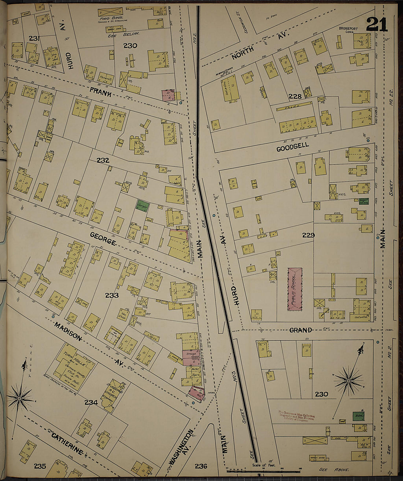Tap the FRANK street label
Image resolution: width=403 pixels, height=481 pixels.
[x=101, y=94]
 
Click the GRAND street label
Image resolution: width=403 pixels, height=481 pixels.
[x=300, y=330]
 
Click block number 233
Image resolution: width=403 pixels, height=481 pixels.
[x=112, y=295]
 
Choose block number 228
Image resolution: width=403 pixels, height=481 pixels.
[x=295, y=97]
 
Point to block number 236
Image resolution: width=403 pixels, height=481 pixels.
[x=201, y=466]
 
